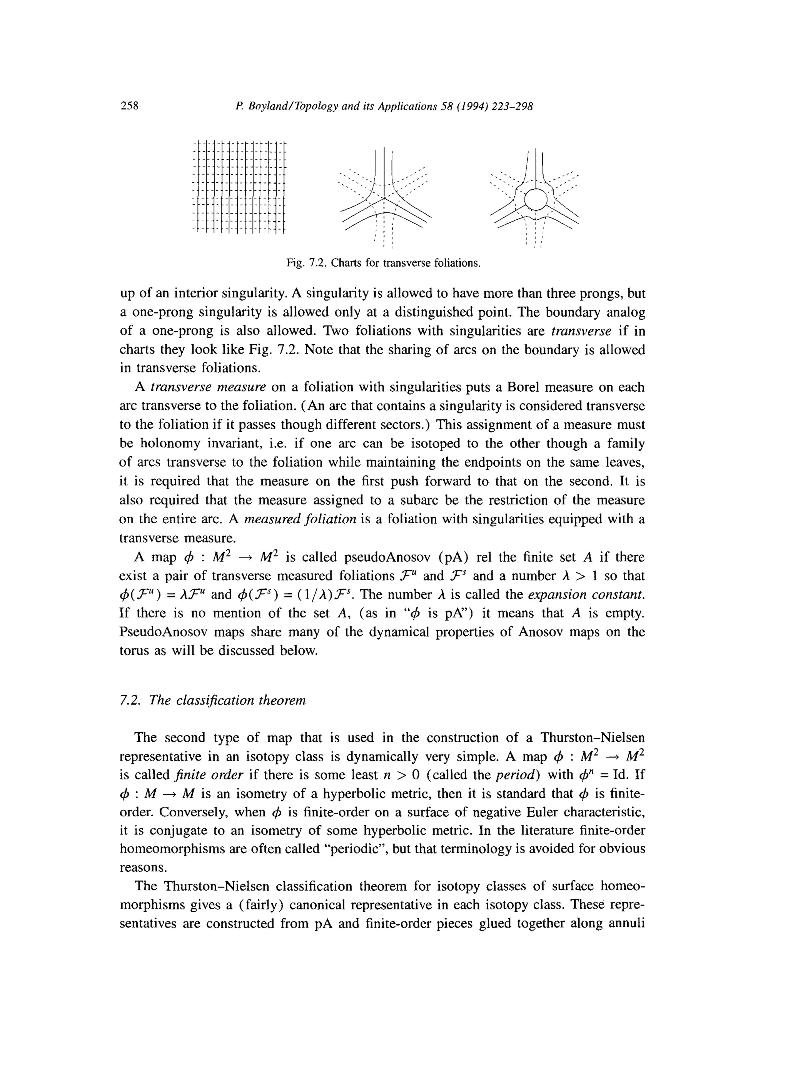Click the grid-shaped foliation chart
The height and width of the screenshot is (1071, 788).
click(239, 187)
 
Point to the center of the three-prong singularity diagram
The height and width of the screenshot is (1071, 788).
click(384, 197)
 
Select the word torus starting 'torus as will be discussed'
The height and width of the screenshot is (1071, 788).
click(135, 651)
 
